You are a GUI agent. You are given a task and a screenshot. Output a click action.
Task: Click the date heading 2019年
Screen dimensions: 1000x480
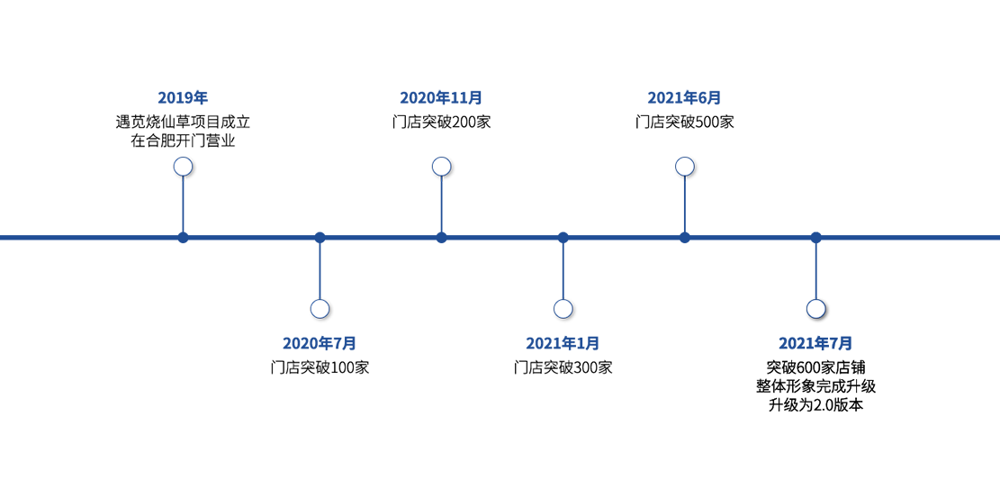click(x=183, y=98)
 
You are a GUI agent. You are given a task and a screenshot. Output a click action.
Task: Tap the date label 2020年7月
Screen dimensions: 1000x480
click(x=320, y=343)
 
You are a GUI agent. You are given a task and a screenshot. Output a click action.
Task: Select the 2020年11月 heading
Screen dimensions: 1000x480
click(x=441, y=98)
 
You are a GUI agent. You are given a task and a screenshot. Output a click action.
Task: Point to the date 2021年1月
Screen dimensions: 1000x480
click(x=563, y=343)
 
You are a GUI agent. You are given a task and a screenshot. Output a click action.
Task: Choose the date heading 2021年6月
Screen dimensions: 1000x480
click(x=684, y=98)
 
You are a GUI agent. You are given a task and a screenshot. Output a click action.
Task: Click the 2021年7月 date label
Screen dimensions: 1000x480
click(x=815, y=343)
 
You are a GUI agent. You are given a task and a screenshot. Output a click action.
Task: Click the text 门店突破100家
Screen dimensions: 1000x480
click(x=320, y=367)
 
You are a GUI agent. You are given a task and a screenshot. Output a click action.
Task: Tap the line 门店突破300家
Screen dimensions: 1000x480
click(x=563, y=367)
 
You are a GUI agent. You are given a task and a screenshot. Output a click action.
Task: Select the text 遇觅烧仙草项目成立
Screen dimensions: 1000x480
click(x=183, y=122)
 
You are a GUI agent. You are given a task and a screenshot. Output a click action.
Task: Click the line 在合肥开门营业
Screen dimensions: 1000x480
click(x=183, y=141)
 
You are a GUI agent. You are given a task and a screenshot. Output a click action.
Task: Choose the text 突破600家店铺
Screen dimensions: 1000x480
click(x=815, y=367)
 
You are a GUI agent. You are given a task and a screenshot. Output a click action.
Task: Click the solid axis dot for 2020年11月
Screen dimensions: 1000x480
click(x=441, y=238)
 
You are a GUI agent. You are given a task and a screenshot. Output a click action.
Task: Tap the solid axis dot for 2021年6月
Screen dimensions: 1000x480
click(x=684, y=238)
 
